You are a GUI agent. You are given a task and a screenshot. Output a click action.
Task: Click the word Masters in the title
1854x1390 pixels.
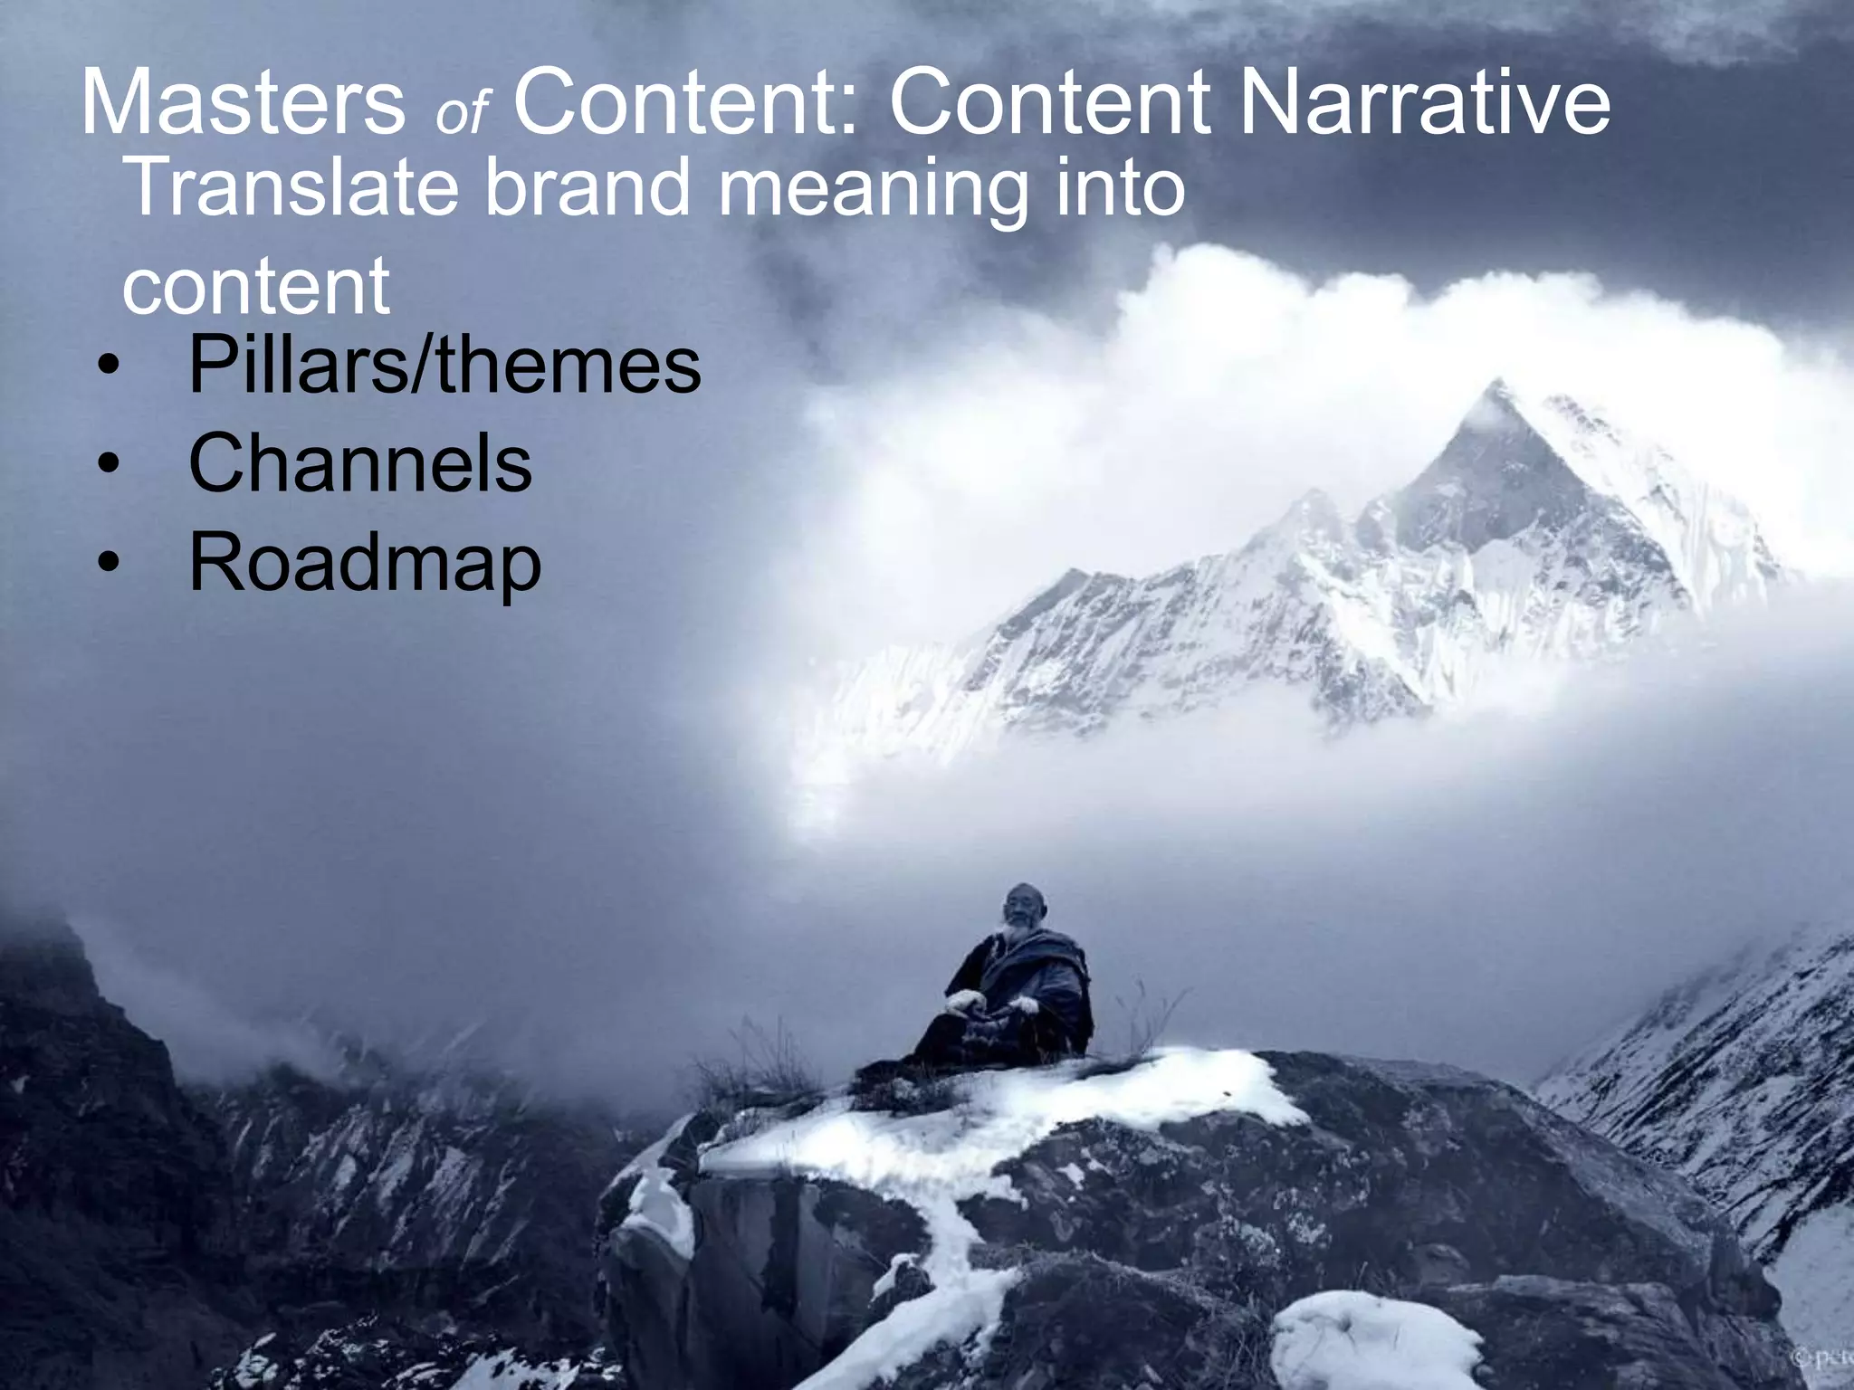(243, 103)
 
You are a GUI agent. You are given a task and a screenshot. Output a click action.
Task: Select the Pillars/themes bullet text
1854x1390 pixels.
(444, 366)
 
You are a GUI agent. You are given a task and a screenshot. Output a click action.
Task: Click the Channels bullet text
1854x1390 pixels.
(360, 463)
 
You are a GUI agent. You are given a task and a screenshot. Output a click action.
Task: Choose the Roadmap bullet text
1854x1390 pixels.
(365, 563)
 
